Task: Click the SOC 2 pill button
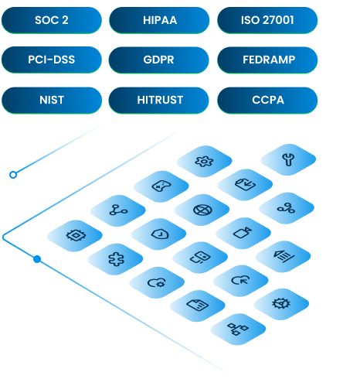tap(52, 20)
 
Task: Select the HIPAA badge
tap(159, 20)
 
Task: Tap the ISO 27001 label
tap(267, 20)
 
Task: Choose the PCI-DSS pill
tap(52, 60)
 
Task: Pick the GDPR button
tap(158, 60)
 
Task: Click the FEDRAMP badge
tap(267, 60)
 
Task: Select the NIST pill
tap(52, 100)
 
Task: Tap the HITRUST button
tap(158, 100)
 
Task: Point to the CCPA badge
tap(267, 100)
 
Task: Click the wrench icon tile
tap(288, 159)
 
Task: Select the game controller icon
tap(161, 186)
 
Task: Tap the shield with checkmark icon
tap(160, 234)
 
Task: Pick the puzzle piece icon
tap(116, 259)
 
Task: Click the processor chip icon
tap(76, 235)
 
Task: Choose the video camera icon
tap(243, 233)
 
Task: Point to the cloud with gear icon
tap(157, 282)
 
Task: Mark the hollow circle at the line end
tap(13, 175)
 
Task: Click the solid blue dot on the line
tap(37, 259)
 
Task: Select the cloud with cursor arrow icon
tap(240, 280)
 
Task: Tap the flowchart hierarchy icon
tap(237, 329)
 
